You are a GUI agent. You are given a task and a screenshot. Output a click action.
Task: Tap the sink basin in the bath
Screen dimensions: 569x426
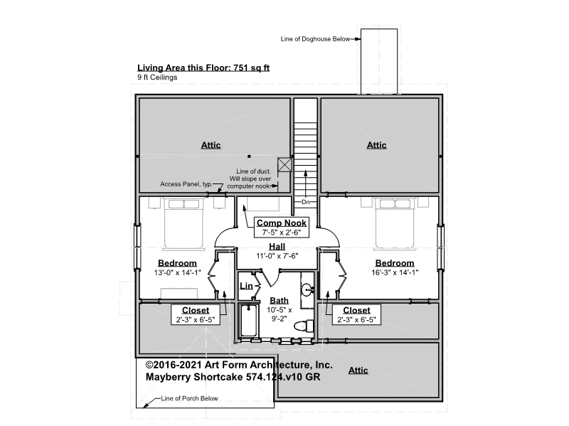pyautogui.click(x=307, y=289)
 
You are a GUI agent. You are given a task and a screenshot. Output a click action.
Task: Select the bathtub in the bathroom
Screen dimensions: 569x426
pyautogui.click(x=249, y=321)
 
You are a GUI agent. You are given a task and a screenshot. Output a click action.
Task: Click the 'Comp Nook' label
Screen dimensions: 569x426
pyautogui.click(x=281, y=223)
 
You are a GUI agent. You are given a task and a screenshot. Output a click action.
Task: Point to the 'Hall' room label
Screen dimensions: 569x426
pyautogui.click(x=277, y=246)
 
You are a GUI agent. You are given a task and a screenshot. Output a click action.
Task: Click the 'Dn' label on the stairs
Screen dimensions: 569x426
pyautogui.click(x=306, y=202)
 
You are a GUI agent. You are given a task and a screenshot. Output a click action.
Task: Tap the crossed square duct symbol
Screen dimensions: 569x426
pyautogui.click(x=284, y=165)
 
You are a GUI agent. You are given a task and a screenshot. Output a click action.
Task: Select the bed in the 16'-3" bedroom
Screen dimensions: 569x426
pyautogui.click(x=394, y=223)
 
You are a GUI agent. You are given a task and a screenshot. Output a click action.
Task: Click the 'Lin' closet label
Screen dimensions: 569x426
pyautogui.click(x=246, y=286)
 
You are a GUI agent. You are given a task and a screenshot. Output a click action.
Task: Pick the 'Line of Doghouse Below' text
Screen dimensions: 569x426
pyautogui.click(x=315, y=39)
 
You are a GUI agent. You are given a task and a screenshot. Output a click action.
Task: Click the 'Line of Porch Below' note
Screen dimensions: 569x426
pyautogui.click(x=189, y=398)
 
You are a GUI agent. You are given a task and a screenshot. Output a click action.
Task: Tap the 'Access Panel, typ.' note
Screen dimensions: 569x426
pyautogui.click(x=186, y=184)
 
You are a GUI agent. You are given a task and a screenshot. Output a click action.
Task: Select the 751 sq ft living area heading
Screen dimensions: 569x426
pyautogui.click(x=203, y=68)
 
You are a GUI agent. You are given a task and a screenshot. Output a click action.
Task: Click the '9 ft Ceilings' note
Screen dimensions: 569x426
pyautogui.click(x=157, y=78)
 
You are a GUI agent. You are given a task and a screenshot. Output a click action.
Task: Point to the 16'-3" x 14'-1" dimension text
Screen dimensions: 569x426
pyautogui.click(x=395, y=272)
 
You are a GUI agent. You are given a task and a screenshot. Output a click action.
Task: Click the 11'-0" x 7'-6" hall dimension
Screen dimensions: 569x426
pyautogui.click(x=277, y=256)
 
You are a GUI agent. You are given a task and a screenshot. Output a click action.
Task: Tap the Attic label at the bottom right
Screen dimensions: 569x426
pyautogui.click(x=358, y=371)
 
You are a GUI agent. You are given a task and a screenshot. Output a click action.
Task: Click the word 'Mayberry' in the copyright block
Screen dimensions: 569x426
pyautogui.click(x=168, y=377)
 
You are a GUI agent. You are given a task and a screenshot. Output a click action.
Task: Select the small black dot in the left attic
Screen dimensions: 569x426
pyautogui.click(x=249, y=156)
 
